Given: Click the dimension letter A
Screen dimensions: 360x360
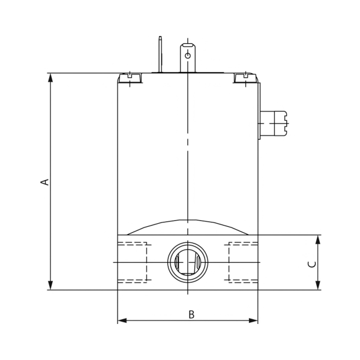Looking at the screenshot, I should (x=44, y=181).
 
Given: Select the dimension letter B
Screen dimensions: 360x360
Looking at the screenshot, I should (x=191, y=314).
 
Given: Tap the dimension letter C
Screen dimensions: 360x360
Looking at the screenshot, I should (x=310, y=263).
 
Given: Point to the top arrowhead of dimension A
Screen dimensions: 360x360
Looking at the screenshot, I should (x=51, y=77).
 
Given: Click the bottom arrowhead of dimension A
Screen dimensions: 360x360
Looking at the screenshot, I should (x=51, y=286).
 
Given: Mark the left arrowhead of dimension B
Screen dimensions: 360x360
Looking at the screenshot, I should (x=122, y=321).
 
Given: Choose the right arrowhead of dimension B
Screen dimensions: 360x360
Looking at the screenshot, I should (x=254, y=321).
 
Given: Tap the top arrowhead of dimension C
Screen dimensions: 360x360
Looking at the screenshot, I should (x=318, y=239).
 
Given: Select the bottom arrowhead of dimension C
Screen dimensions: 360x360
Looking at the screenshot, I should (x=318, y=286).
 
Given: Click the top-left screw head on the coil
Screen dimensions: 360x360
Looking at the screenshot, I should (x=130, y=77).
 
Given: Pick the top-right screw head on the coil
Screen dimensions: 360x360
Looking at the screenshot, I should (x=244, y=77).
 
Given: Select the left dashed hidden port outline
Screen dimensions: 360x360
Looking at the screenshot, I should (x=133, y=262).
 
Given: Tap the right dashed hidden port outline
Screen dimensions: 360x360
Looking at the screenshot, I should (x=242, y=262).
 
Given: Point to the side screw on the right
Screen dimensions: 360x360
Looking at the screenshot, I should (x=277, y=124).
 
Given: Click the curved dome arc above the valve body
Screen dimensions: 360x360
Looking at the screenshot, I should (x=188, y=221).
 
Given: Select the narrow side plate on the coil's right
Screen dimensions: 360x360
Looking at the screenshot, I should (x=260, y=111).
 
